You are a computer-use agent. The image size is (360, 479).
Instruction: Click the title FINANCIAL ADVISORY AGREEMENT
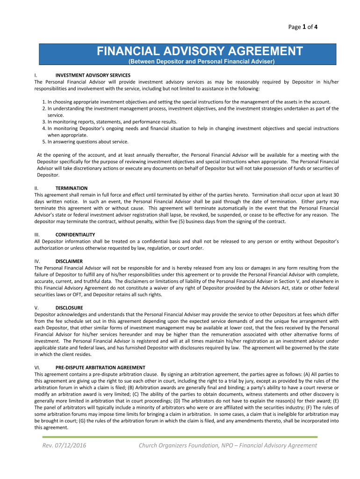click(x=200, y=51)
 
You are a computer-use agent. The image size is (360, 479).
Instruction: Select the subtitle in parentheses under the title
click(x=201, y=62)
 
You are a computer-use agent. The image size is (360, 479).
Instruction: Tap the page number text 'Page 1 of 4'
click(x=303, y=27)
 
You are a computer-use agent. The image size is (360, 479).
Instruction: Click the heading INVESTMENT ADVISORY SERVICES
click(x=93, y=75)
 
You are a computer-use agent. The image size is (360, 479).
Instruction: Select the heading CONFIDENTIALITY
click(x=75, y=234)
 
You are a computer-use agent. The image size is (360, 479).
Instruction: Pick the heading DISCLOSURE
click(x=69, y=308)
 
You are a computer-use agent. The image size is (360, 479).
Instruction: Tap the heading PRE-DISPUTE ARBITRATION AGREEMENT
click(x=100, y=367)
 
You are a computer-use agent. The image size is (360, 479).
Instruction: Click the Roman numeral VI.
click(x=38, y=367)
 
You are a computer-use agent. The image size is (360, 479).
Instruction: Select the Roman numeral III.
click(x=37, y=234)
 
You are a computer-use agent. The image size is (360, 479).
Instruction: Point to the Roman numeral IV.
click(x=37, y=261)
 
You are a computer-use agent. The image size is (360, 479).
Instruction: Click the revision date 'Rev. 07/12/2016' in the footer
click(x=64, y=445)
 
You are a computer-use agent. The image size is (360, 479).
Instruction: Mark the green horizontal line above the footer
click(x=180, y=437)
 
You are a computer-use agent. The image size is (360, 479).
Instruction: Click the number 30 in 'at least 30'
click(x=336, y=195)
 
